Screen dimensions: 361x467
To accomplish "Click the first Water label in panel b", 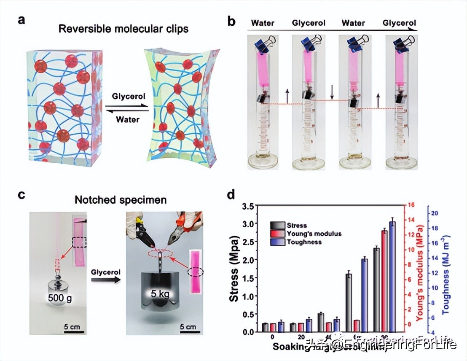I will point(263,23).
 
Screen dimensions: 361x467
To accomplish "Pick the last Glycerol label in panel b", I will point(399,23).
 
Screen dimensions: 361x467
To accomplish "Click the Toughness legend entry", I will point(303,242).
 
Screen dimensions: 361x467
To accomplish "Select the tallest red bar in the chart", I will point(384,280).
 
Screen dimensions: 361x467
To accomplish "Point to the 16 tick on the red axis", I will point(411,205).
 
